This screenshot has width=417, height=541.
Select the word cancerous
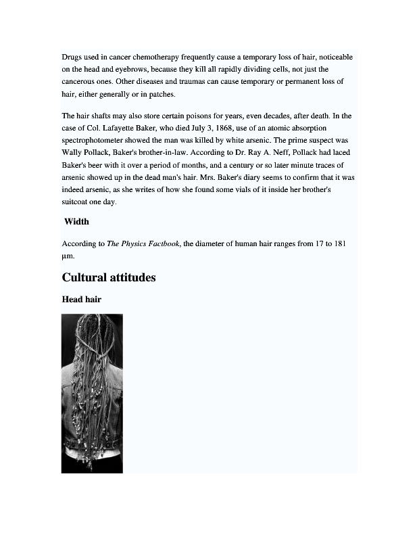81,82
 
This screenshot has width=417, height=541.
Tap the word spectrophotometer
99,140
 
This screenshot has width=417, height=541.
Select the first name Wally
72,152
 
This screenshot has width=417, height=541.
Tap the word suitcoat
76,202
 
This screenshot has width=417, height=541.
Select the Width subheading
76,222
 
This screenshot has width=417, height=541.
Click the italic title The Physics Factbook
143,243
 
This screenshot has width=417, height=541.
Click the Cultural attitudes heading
109,277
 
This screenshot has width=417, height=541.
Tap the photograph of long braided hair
92,393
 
